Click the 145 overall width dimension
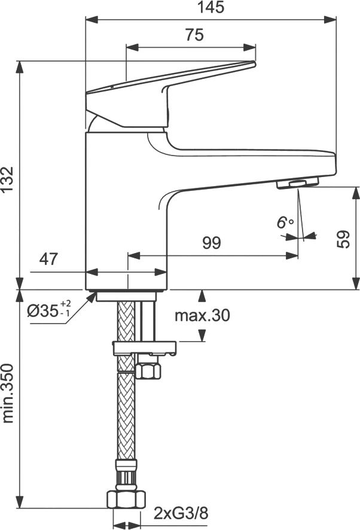point(210,7)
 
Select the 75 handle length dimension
point(194,35)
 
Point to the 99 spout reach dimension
point(212,243)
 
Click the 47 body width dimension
point(48,259)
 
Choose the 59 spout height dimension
point(343,239)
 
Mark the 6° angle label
point(285,223)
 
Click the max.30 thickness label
point(202,315)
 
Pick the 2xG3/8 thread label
point(181,513)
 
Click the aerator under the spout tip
point(297,183)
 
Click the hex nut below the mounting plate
point(148,370)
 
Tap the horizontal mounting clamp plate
point(145,348)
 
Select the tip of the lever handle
point(254,63)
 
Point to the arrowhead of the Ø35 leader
point(93,296)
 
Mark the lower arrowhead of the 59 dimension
point(356,284)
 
